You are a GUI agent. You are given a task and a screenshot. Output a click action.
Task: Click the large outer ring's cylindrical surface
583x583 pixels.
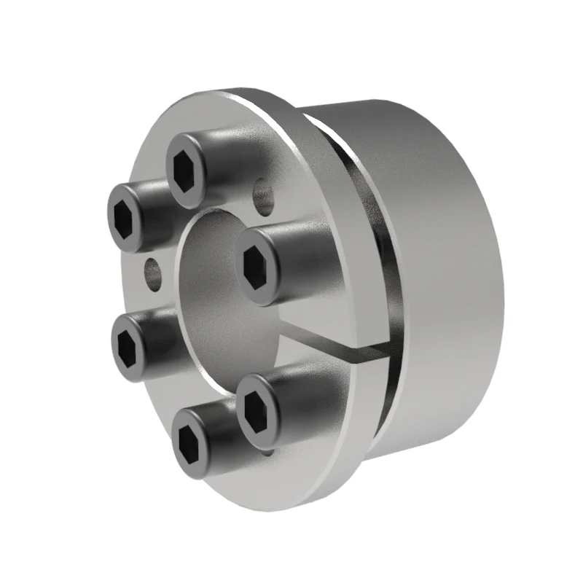pos(452,277)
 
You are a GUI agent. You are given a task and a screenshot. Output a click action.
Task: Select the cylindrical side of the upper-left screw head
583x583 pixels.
pos(157,200)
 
